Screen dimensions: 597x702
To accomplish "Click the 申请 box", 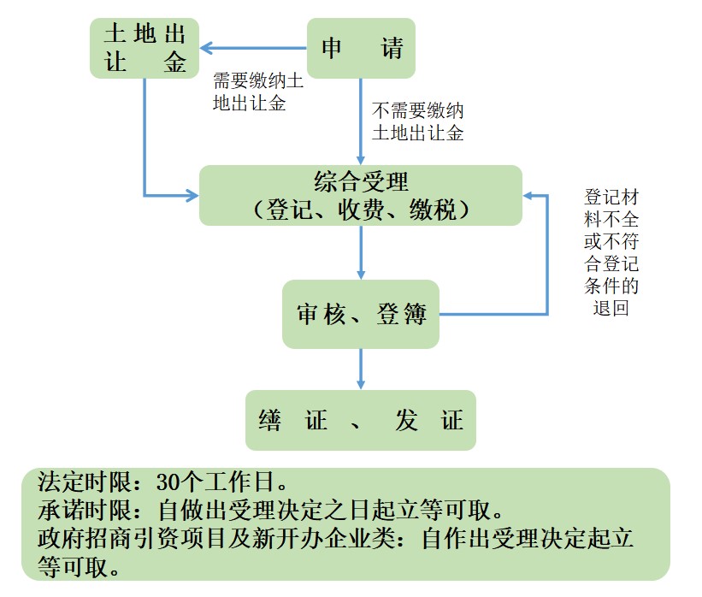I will point(361,49).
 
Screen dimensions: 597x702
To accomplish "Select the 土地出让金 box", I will point(145,49).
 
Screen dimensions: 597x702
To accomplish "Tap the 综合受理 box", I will point(360,195).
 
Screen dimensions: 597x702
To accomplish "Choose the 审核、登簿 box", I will point(361,314).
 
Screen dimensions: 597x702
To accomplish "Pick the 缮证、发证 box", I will point(360,420).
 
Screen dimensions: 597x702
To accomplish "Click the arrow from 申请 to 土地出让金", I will point(253,49).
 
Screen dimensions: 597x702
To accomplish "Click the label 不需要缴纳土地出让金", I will point(418,121).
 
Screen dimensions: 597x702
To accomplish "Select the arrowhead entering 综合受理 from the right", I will point(529,196).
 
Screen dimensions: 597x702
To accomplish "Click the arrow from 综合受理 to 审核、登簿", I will point(361,252).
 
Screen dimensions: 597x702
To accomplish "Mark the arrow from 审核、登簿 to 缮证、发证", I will point(361,369).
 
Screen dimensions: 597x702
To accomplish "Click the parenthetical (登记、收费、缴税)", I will point(360,210).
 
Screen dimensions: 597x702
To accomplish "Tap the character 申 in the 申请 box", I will point(332,49).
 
